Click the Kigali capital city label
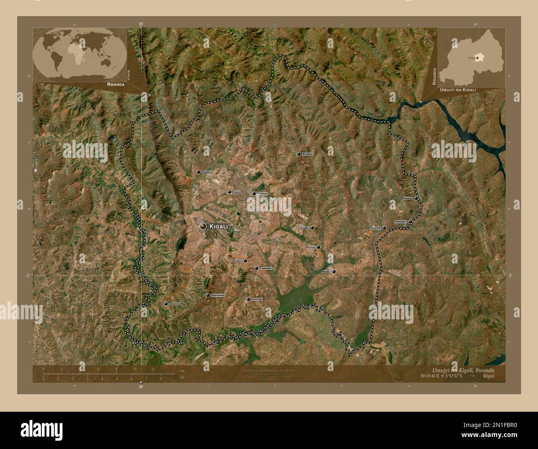(x=219, y=227)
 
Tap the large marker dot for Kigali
(x=203, y=226)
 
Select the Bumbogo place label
(x=308, y=154)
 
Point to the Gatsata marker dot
(x=198, y=172)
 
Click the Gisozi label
(x=237, y=192)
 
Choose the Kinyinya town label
(x=263, y=193)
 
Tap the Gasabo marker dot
(x=312, y=228)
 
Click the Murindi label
(x=310, y=247)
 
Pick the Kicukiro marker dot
(x=245, y=261)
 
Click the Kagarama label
(x=266, y=268)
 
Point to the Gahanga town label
(x=257, y=299)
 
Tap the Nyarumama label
(x=218, y=295)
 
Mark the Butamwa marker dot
(x=166, y=304)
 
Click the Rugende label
(x=375, y=228)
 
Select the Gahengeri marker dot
(x=410, y=222)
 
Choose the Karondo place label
(x=408, y=198)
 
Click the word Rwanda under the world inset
(x=116, y=84)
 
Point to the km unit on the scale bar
(x=182, y=370)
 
